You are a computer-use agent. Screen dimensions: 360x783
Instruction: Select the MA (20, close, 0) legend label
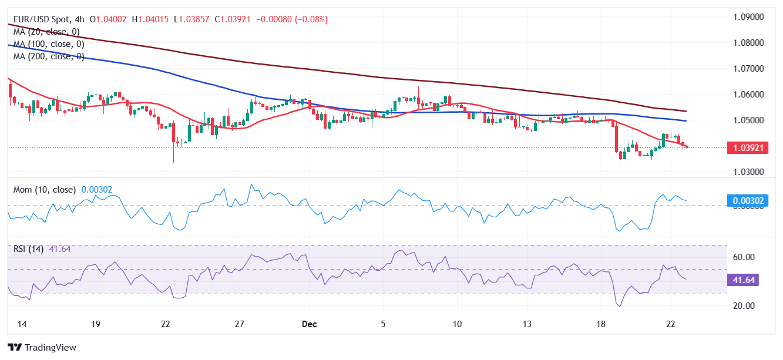46,32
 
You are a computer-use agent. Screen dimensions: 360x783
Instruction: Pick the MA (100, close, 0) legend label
49,44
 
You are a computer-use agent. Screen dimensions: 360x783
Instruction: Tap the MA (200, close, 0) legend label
49,56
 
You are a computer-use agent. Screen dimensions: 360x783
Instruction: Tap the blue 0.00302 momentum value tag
748,201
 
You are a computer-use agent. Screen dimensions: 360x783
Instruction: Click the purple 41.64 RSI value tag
743,280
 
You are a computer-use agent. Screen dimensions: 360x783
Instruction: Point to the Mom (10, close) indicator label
45,190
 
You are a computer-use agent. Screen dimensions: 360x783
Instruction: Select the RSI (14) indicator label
29,249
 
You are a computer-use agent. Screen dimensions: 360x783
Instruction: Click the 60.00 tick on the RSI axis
743,257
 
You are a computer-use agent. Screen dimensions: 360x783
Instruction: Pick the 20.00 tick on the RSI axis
743,306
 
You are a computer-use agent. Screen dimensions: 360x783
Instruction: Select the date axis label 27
239,324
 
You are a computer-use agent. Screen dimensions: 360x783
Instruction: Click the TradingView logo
42,348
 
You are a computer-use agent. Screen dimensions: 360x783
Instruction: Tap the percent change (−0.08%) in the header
307,19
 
